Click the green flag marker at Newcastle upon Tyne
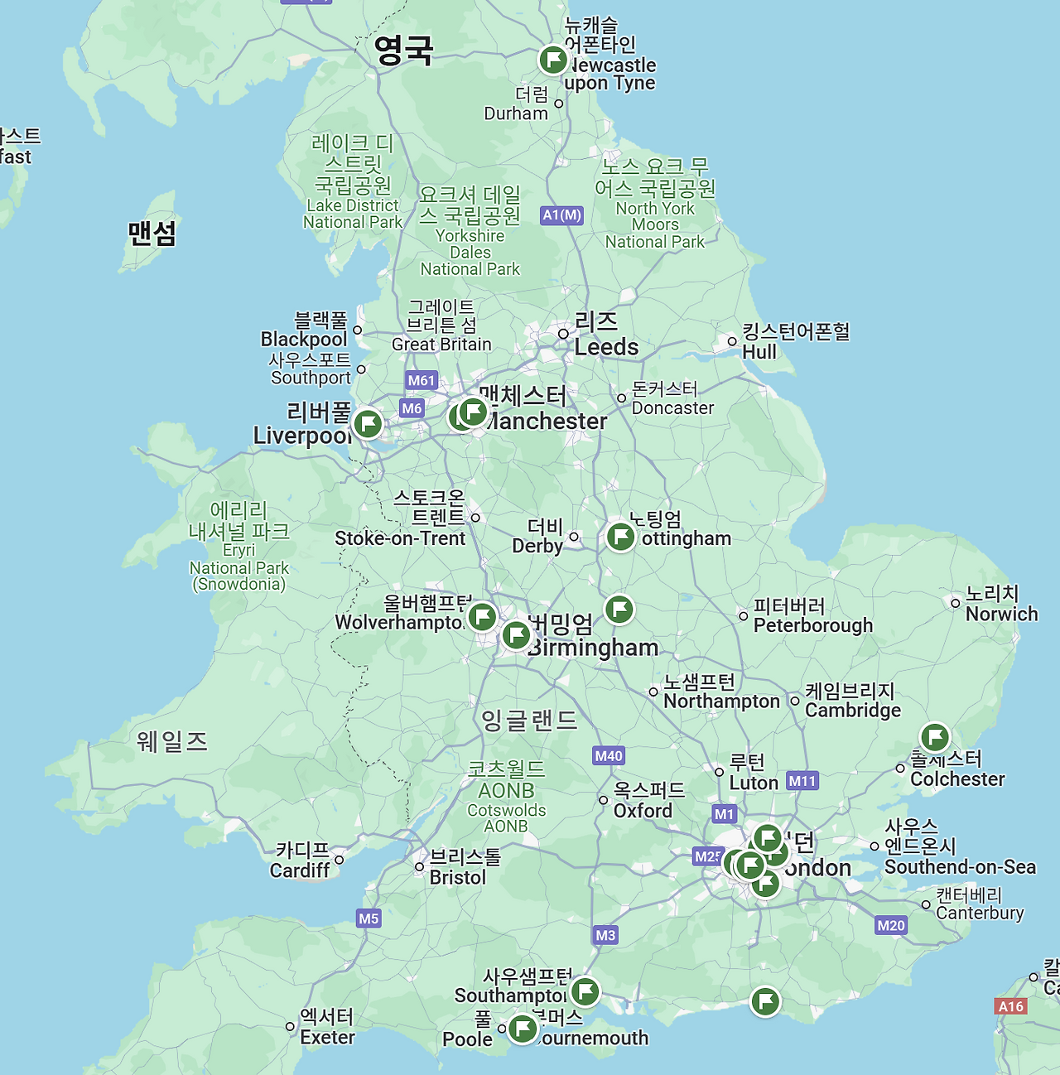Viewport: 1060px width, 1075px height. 552,60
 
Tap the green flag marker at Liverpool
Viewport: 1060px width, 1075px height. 368,424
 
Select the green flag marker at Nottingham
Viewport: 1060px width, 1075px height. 620,537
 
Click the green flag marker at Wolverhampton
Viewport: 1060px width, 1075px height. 482,617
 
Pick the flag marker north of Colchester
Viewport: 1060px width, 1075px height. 934,736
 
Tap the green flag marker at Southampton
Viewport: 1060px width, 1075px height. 585,991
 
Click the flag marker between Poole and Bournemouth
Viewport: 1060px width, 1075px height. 523,1029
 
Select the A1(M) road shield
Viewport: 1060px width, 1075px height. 562,215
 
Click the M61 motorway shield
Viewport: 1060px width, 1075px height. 422,380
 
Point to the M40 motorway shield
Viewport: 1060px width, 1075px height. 609,755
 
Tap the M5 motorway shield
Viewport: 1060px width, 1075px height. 369,918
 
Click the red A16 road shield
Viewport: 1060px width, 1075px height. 1011,1006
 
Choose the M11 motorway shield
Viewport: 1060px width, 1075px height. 802,780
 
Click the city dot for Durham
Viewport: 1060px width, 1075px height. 559,104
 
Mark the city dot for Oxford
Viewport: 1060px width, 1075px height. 604,800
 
